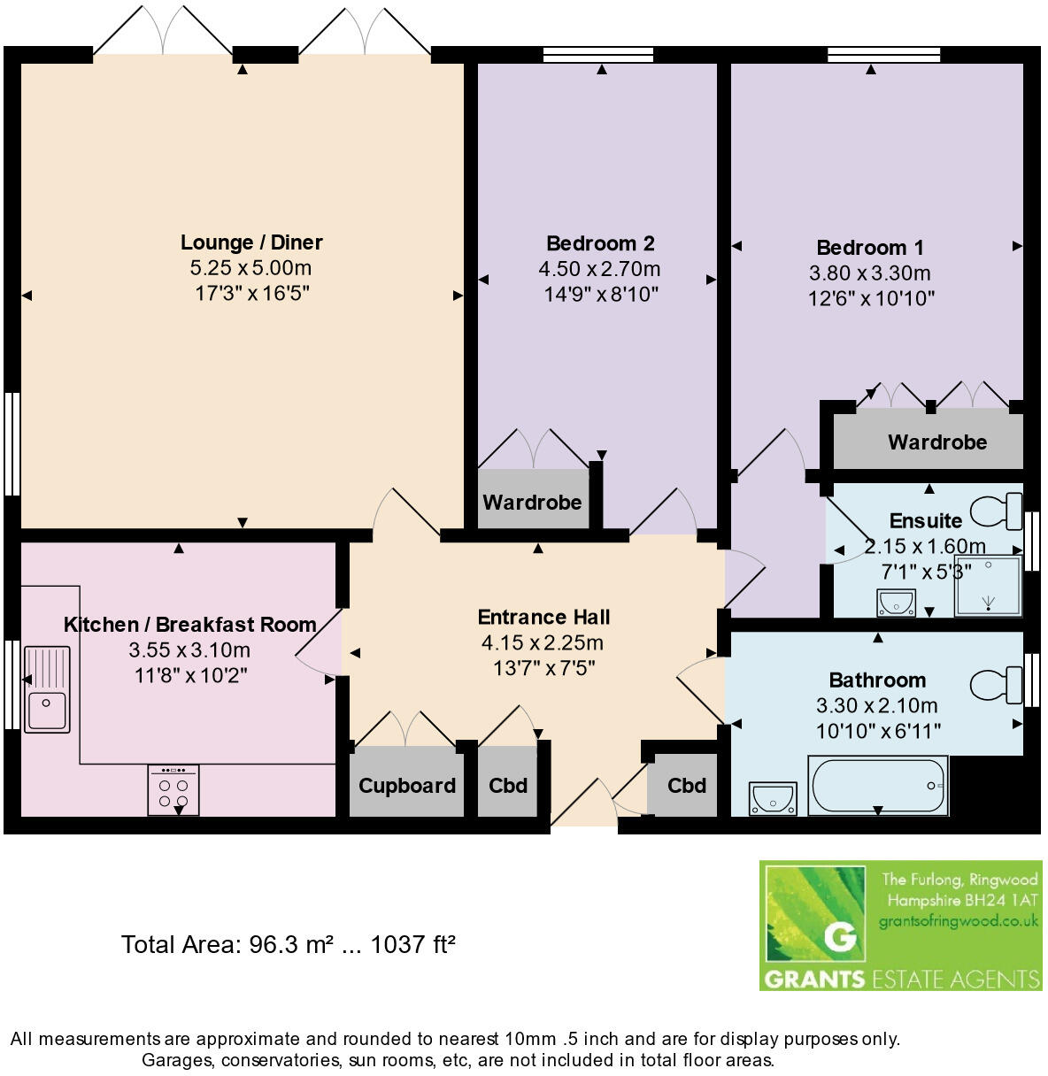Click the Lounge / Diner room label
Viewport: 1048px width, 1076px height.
(251, 242)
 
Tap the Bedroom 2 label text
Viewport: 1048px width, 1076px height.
(599, 243)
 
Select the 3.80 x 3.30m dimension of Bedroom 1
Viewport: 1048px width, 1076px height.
(869, 273)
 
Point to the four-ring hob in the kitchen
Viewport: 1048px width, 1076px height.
(173, 790)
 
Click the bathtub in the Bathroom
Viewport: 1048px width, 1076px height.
(877, 785)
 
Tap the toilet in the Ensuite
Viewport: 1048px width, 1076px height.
(998, 511)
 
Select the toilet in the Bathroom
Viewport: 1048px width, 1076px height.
(998, 684)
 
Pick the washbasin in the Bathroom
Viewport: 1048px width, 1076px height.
(772, 797)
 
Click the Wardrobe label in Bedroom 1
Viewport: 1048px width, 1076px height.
(936, 442)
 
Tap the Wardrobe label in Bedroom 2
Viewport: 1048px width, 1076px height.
(532, 503)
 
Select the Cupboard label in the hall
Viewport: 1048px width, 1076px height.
(407, 786)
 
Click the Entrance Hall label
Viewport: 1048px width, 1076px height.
(543, 617)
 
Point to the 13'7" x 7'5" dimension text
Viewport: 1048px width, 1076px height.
(543, 667)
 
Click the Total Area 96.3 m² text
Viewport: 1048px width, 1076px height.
(288, 945)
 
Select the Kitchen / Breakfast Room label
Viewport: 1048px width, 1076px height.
(189, 625)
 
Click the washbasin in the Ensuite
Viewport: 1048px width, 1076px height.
(896, 603)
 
